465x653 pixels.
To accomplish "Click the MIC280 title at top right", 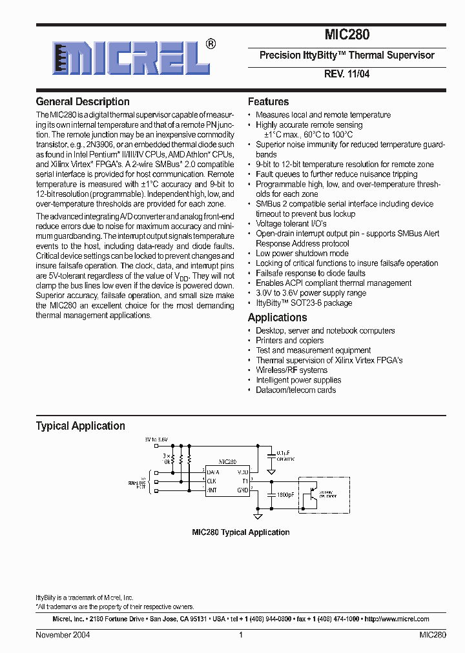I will [x=347, y=35].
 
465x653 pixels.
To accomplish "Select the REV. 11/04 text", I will [x=347, y=74].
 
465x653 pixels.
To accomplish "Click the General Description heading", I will [x=83, y=102].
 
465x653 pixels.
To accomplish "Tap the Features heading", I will [x=268, y=102].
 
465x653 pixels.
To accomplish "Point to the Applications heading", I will [x=277, y=317].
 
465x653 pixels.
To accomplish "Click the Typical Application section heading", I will [x=80, y=426].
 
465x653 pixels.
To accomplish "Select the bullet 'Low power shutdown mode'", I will [x=302, y=254].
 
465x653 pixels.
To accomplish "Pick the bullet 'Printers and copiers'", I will [x=289, y=341].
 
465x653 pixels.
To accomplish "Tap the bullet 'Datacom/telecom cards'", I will [x=296, y=390].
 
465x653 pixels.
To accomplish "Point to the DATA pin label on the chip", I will [x=214, y=472].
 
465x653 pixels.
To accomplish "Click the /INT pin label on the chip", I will [x=212, y=490].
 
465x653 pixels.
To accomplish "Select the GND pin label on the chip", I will [x=242, y=490].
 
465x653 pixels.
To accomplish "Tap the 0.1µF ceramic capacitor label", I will [x=285, y=456].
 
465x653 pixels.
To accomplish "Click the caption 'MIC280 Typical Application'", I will [x=240, y=532].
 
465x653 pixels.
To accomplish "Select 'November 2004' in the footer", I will [x=63, y=635].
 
